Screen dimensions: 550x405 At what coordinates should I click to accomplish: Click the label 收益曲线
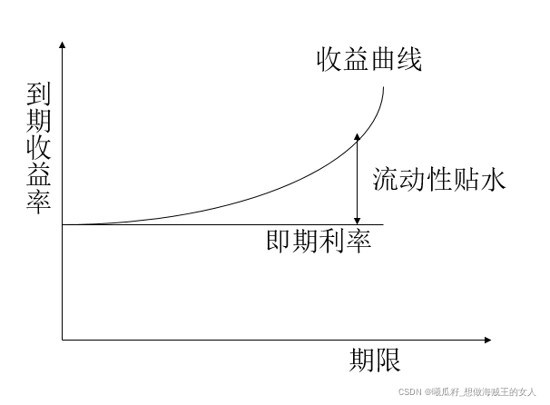(x=370, y=61)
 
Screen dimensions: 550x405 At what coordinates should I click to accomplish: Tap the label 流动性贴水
(x=438, y=179)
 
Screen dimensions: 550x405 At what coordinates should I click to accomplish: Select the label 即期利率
(x=319, y=242)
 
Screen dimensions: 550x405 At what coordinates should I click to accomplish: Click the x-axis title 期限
(x=375, y=361)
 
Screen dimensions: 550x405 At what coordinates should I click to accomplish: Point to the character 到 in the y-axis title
(x=40, y=94)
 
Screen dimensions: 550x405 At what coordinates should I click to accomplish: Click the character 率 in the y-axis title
(x=40, y=200)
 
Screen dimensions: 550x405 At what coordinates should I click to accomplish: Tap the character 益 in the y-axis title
(x=40, y=173)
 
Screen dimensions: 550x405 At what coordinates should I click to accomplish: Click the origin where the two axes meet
(x=62, y=341)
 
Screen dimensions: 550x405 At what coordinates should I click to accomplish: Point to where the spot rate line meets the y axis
(x=62, y=223)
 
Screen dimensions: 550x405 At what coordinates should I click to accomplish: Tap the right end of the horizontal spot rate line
(x=384, y=223)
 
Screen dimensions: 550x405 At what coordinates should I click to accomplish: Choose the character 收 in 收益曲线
(x=329, y=61)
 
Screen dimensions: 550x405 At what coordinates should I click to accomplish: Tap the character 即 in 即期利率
(x=280, y=242)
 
